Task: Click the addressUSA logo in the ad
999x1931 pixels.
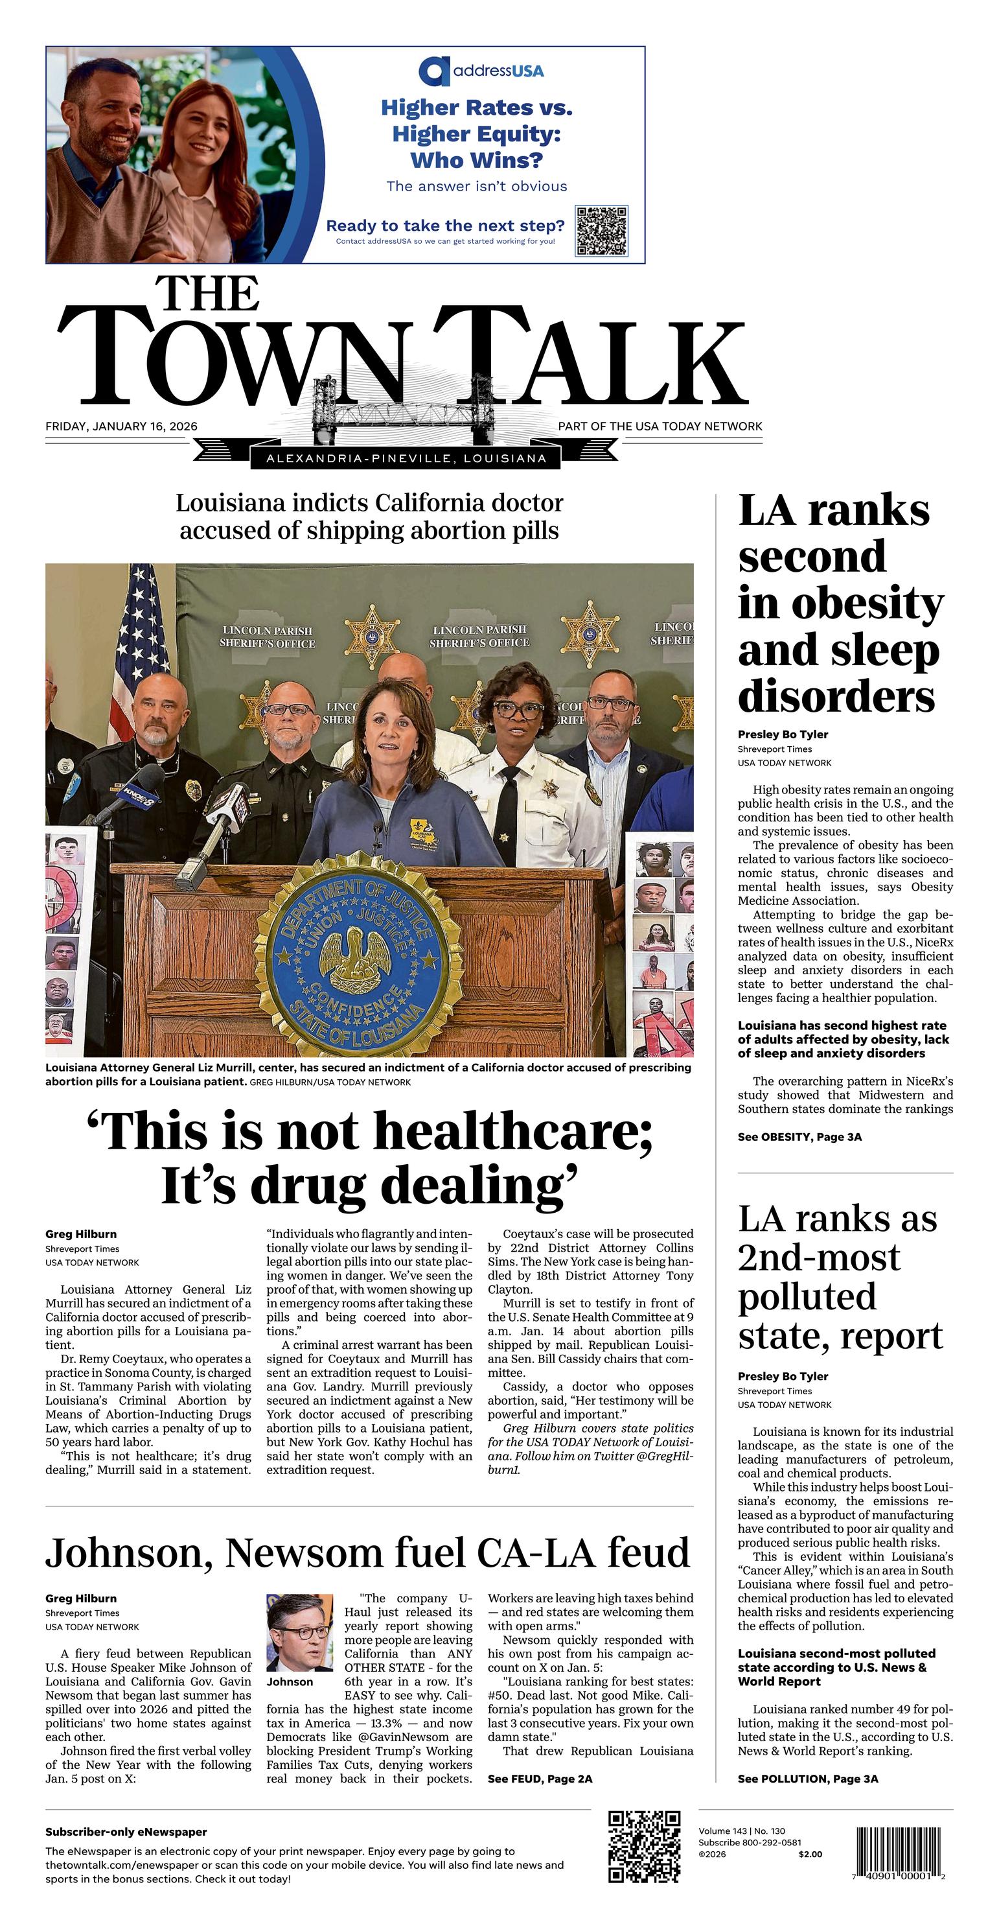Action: coord(481,71)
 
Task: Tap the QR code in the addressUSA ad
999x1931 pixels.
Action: coord(601,231)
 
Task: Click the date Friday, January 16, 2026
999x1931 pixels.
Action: coord(121,427)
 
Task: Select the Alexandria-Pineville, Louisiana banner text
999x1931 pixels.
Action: coord(406,459)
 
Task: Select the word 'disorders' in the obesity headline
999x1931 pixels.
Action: coord(836,696)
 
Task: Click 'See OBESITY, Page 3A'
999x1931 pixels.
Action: coord(799,1137)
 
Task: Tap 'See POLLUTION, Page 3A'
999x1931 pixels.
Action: coord(808,1779)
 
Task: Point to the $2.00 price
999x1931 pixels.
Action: coord(810,1855)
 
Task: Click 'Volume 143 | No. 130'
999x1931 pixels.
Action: coord(742,1831)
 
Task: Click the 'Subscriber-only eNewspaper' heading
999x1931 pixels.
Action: coord(126,1832)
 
